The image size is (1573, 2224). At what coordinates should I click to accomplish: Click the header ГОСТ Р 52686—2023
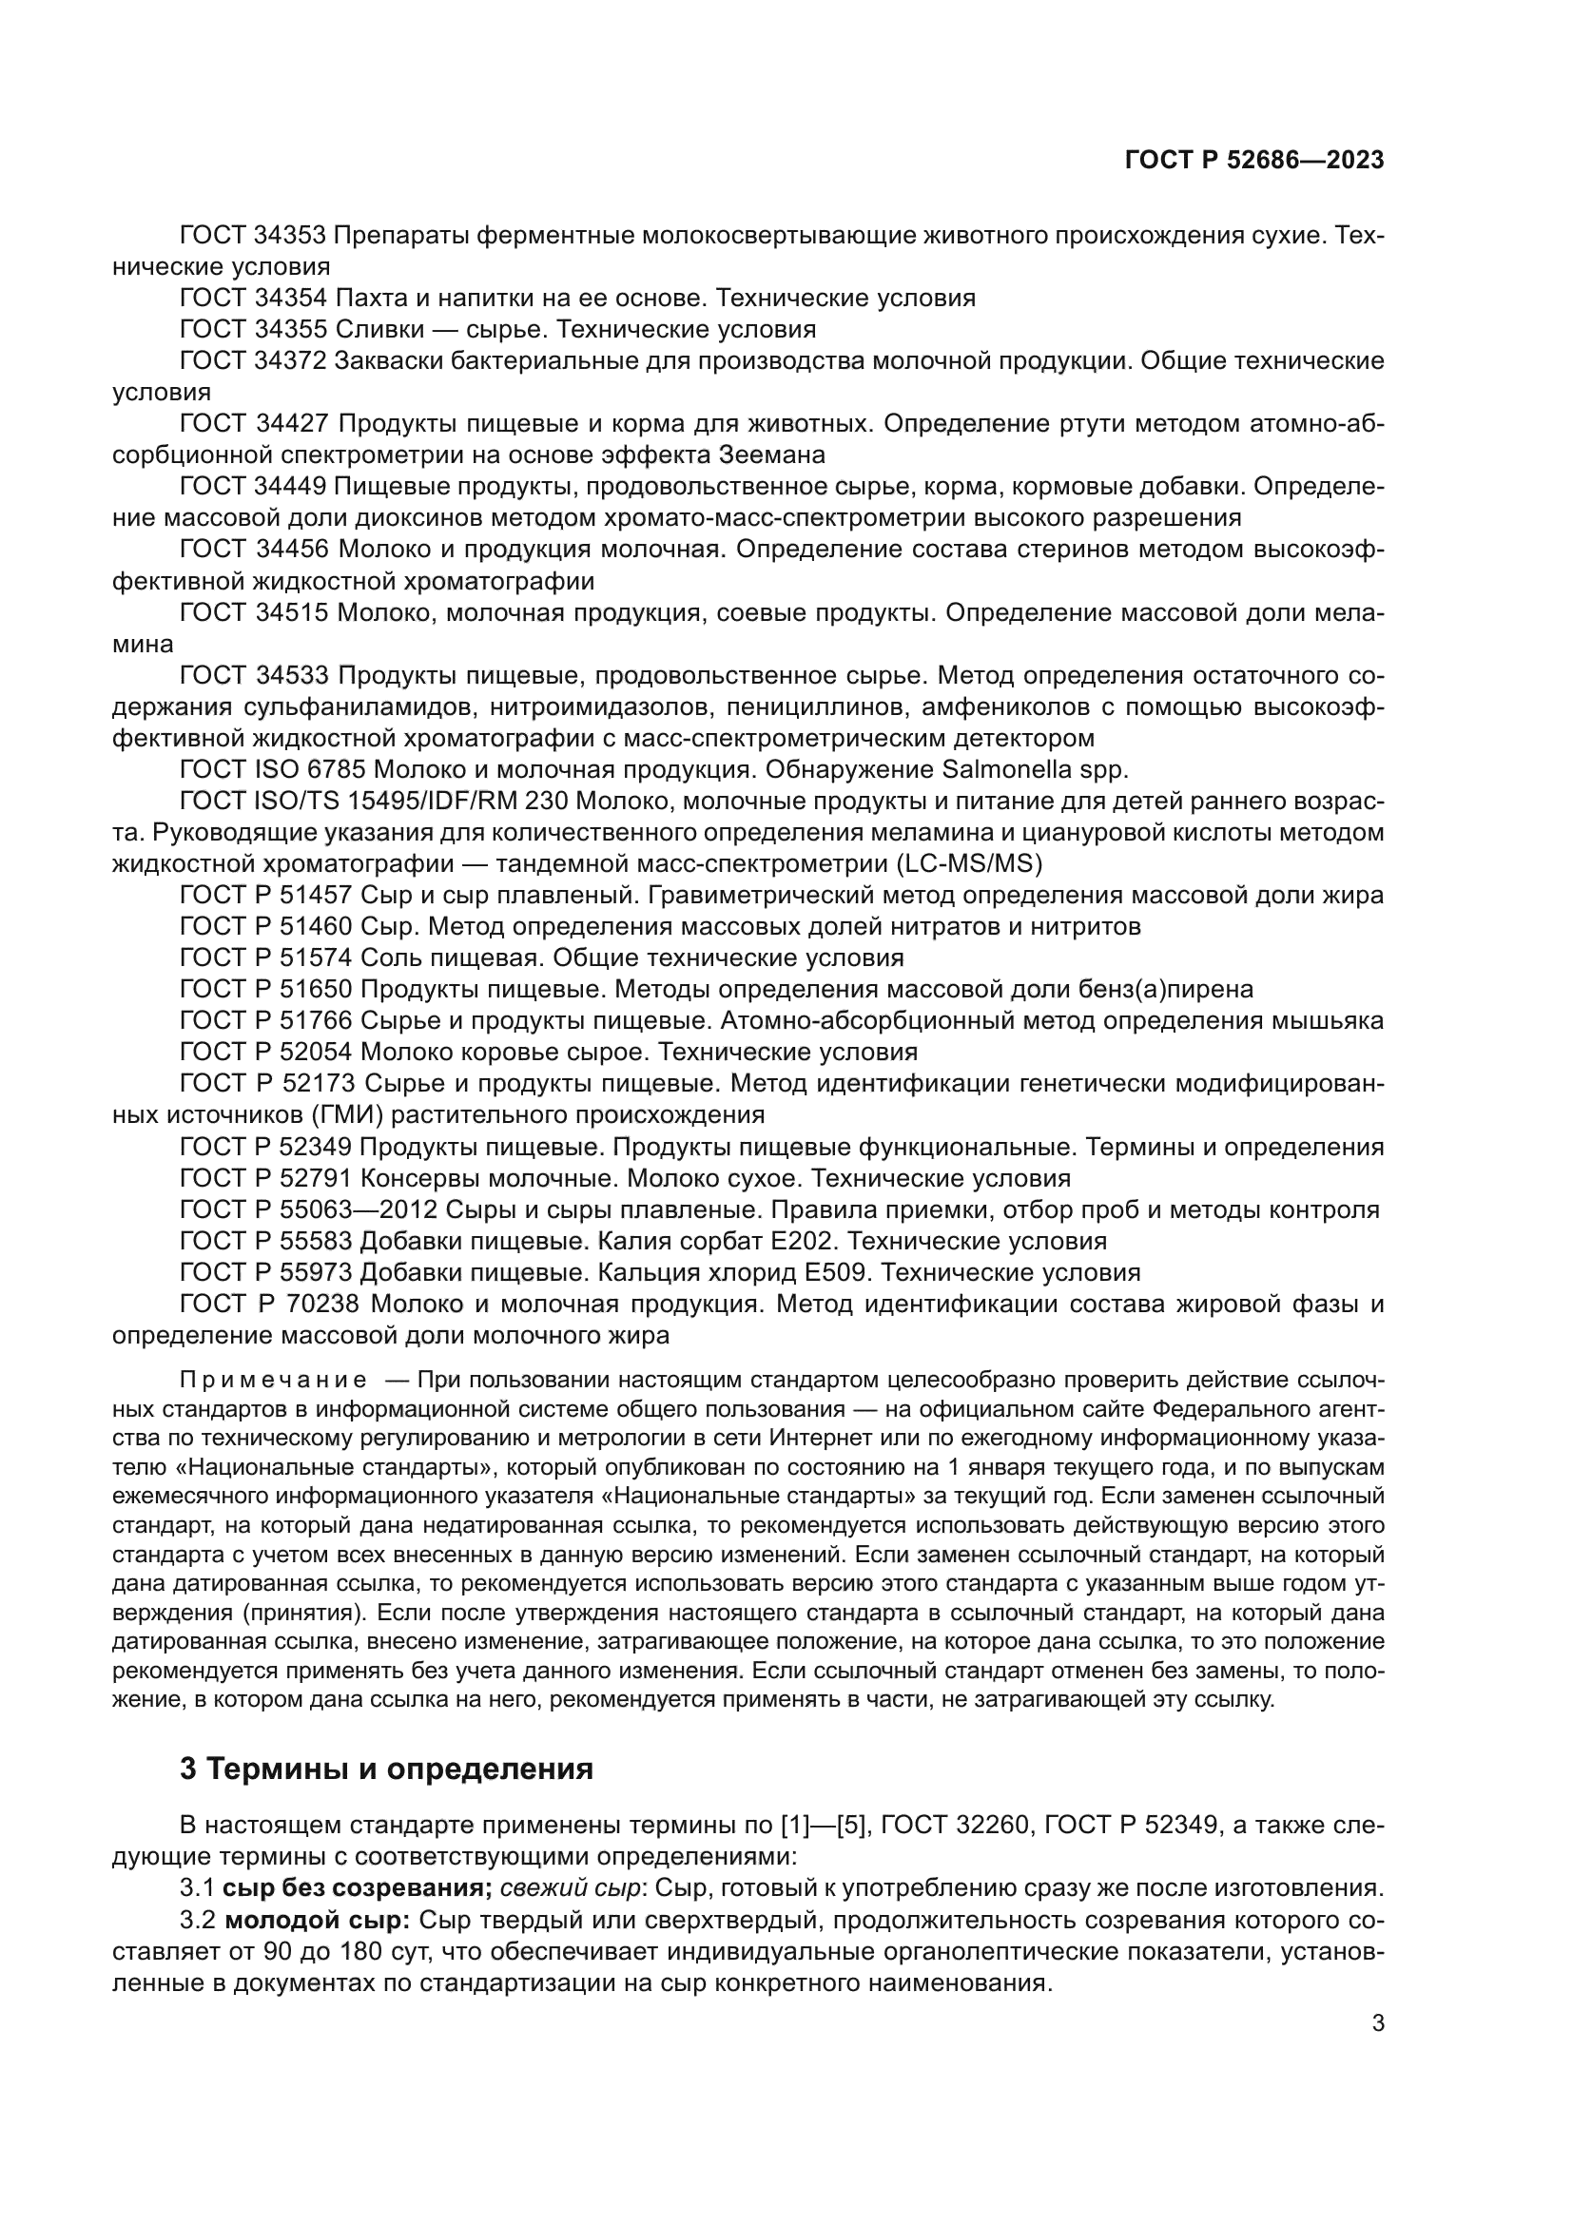pyautogui.click(x=1253, y=161)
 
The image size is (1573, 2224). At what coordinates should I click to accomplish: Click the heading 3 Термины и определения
pyautogui.click(x=386, y=1769)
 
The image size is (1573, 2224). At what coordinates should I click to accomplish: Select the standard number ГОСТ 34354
pyautogui.click(x=255, y=298)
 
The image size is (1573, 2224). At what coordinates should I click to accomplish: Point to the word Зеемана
pyautogui.click(x=772, y=454)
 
